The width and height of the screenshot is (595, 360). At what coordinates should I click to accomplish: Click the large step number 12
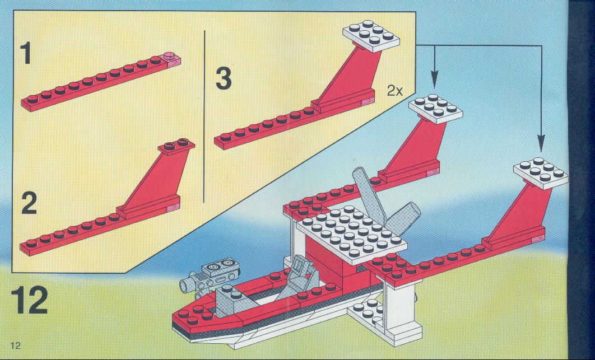click(x=30, y=300)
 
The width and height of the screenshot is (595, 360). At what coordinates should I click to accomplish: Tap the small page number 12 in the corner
click(x=15, y=345)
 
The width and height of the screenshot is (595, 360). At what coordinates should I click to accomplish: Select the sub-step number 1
click(x=26, y=53)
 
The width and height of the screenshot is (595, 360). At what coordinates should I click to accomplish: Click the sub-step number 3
click(x=224, y=78)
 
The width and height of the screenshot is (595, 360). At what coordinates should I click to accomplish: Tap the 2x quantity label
click(x=395, y=91)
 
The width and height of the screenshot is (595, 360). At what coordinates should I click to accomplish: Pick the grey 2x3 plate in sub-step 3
click(x=371, y=36)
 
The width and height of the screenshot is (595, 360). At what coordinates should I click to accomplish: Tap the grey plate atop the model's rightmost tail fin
click(x=540, y=173)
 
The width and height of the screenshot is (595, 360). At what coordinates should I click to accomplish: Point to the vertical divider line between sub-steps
click(x=204, y=116)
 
